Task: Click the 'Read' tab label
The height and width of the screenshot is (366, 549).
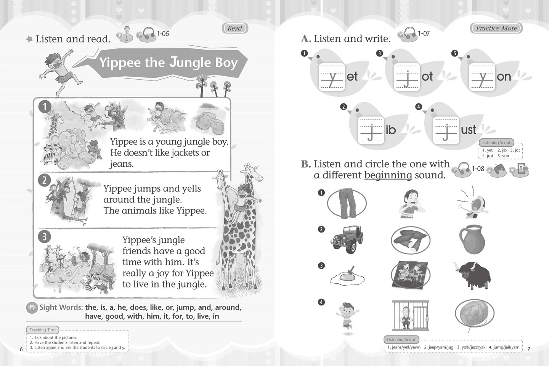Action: coord(235,28)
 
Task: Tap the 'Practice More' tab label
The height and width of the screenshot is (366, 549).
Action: coord(496,28)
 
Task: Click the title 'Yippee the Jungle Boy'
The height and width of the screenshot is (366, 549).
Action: coord(169,63)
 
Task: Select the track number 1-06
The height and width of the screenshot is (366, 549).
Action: coord(162,34)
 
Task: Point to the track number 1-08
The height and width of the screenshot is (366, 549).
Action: coord(478,169)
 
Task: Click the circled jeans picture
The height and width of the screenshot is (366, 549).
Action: coord(347,204)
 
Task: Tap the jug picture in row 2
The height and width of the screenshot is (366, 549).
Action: coord(472,239)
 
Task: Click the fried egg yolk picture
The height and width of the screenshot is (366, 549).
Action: coord(347,276)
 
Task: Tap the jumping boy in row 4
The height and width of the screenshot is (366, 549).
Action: coord(347,316)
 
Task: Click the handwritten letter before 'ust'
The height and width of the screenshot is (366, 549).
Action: coord(446,132)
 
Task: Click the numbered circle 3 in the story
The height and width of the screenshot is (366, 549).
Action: coord(44,236)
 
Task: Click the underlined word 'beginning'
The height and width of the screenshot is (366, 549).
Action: coord(388,175)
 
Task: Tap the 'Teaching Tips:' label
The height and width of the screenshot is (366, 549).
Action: coord(43,330)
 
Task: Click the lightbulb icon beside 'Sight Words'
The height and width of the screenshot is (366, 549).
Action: coord(32,308)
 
